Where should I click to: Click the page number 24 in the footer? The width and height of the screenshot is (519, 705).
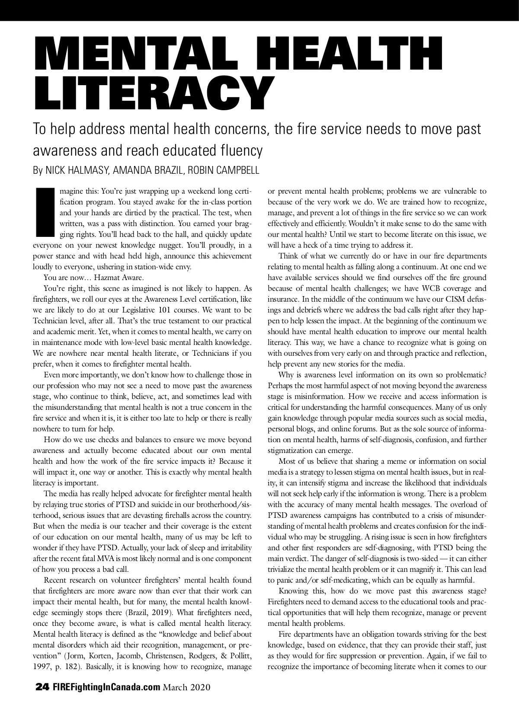click(42, 687)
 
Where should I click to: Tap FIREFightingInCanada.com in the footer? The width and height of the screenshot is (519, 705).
click(106, 687)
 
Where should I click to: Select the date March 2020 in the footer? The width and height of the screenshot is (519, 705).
click(186, 687)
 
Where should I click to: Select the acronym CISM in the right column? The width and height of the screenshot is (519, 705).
click(452, 299)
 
